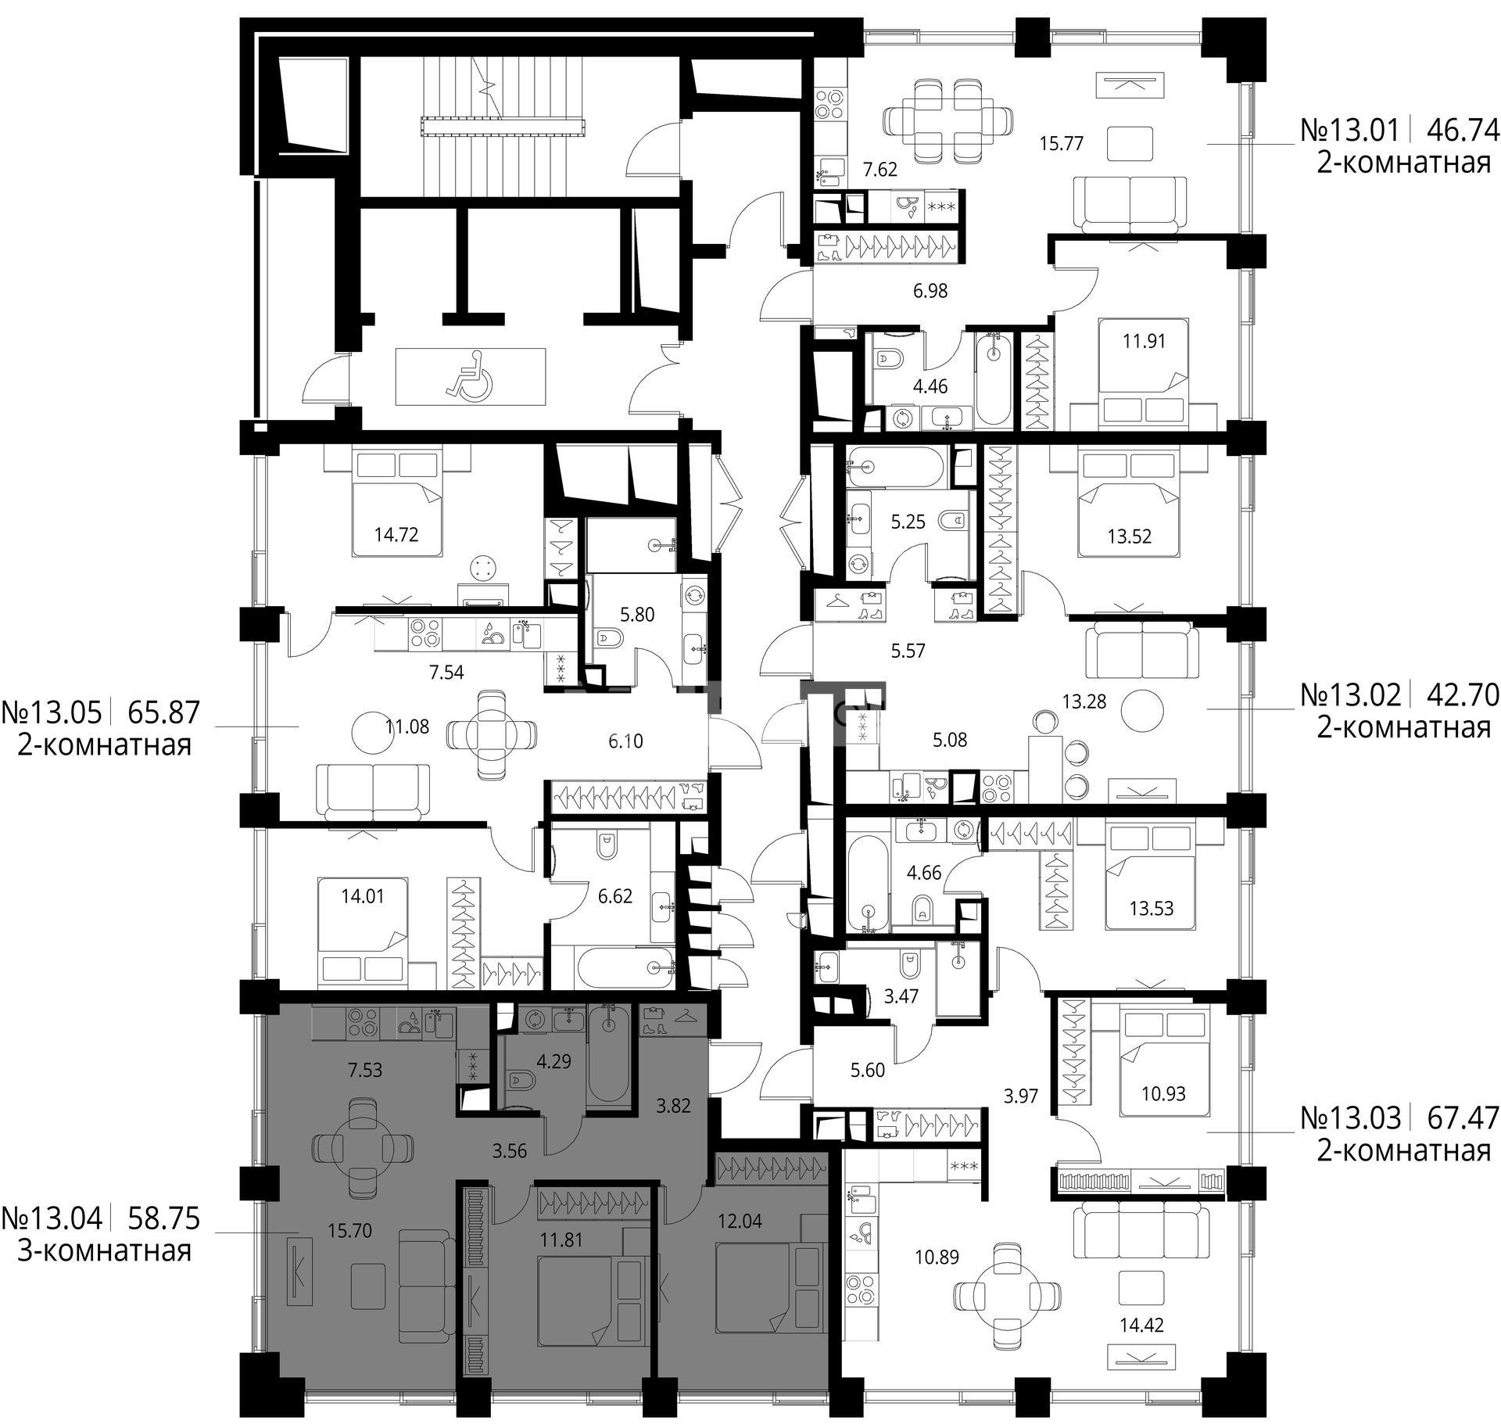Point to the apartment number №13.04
pos(52,1218)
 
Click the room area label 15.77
pos(1061,144)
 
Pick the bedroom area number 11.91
pos(1144,341)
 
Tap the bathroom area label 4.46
pos(930,386)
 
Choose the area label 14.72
pos(396,535)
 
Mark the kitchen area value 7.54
pos(446,672)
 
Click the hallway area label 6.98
pos(930,291)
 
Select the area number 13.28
pos(1084,701)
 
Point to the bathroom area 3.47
pos(901,996)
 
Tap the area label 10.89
pos(937,1257)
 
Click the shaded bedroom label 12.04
pos(740,1220)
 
